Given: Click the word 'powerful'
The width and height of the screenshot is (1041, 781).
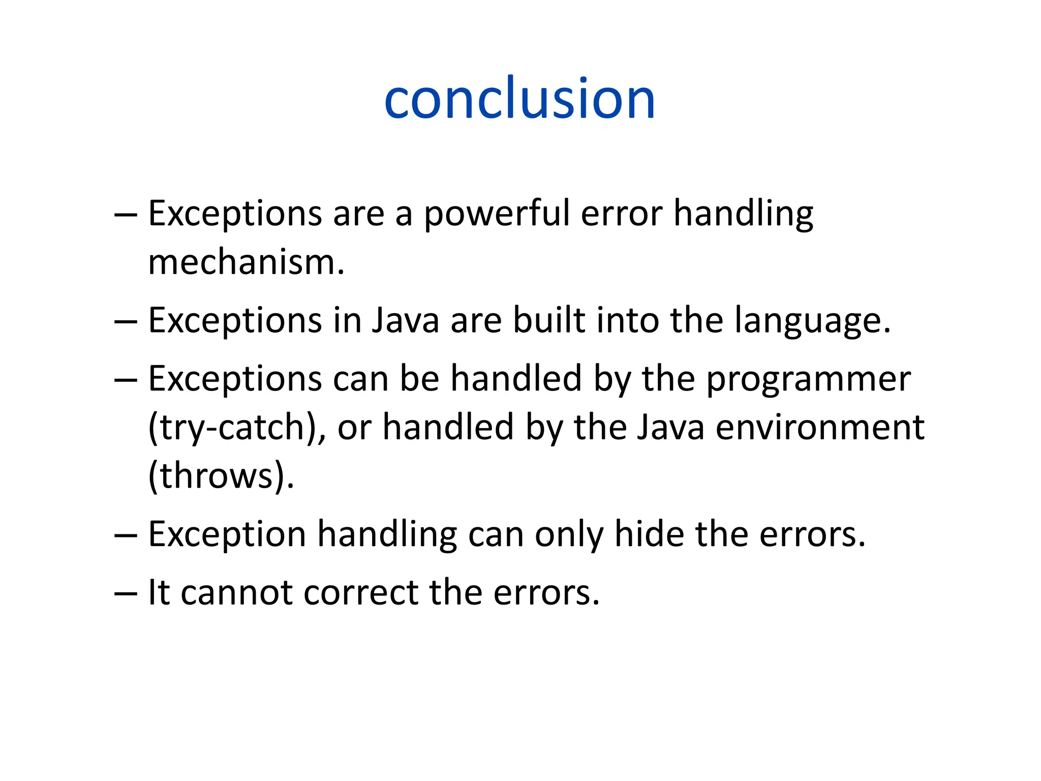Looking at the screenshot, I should pyautogui.click(x=496, y=214).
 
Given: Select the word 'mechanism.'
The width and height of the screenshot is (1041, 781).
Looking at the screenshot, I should pyautogui.click(x=246, y=263).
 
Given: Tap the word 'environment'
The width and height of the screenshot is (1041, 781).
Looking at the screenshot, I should pyautogui.click(x=819, y=427).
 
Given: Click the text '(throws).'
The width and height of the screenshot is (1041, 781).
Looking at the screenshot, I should pyautogui.click(x=221, y=476).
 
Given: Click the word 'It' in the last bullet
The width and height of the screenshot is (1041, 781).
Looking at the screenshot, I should pyautogui.click(x=158, y=592).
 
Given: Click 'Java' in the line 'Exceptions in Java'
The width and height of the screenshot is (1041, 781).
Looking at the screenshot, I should pyautogui.click(x=405, y=321).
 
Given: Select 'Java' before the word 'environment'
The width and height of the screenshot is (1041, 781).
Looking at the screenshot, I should pyautogui.click(x=670, y=427).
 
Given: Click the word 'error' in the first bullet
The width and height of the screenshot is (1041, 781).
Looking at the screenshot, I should pyautogui.click(x=621, y=214).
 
